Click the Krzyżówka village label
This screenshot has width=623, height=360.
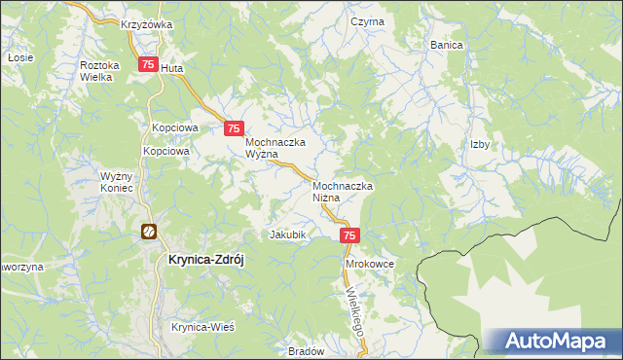(x=146, y=24)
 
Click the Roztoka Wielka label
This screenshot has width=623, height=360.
(x=99, y=70)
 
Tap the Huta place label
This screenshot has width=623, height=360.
(x=171, y=69)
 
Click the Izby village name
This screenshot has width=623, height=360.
(x=479, y=144)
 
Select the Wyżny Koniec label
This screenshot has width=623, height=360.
(x=123, y=183)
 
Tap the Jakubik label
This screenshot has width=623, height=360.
(x=288, y=235)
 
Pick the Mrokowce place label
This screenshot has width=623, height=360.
(x=368, y=264)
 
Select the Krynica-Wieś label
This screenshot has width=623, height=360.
(x=203, y=328)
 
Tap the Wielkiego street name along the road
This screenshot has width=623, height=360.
(x=353, y=310)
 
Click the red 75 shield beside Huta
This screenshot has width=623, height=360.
(x=148, y=65)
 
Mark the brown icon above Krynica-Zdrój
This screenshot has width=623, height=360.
(x=148, y=232)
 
